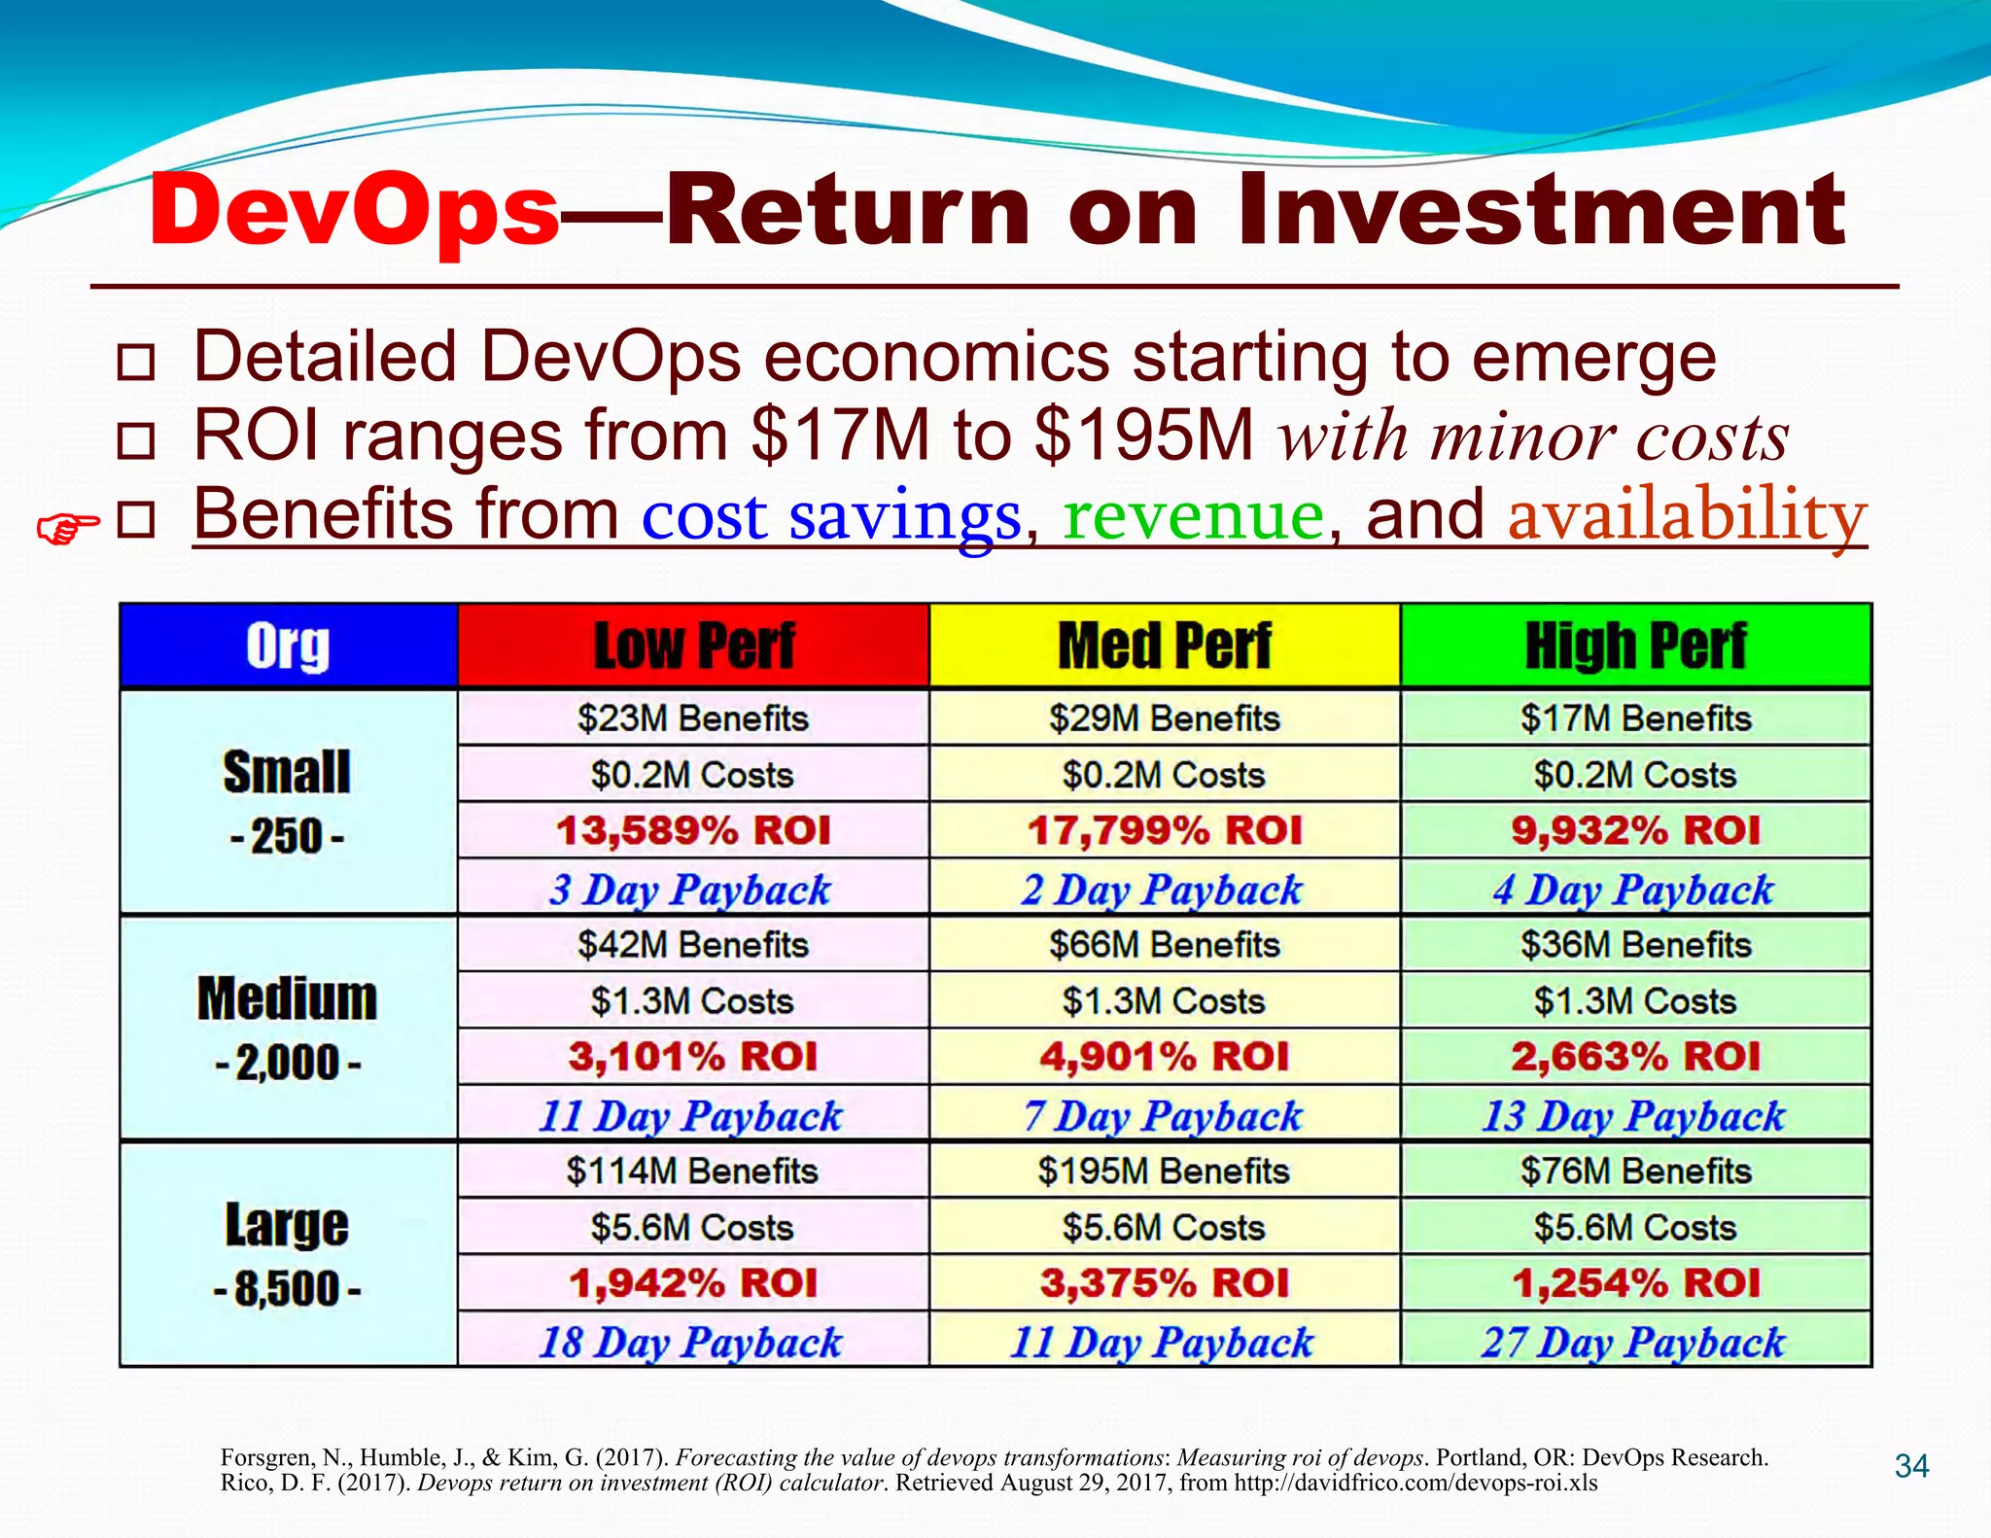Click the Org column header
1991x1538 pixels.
[x=288, y=647]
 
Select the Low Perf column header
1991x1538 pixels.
[x=693, y=647]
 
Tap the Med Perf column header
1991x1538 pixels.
[x=1165, y=647]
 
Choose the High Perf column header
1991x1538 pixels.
[x=1636, y=647]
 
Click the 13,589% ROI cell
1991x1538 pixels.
[x=693, y=831]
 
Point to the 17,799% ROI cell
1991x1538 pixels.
[x=1165, y=831]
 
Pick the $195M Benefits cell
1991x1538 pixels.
[x=1164, y=1171]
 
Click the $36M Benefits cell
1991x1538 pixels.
[x=1636, y=945]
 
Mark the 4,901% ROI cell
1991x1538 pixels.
[x=1165, y=1057]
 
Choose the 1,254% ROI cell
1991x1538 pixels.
[x=1636, y=1283]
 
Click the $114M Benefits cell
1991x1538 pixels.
[x=692, y=1171]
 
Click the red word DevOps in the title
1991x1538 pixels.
[x=355, y=210]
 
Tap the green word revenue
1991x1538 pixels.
[x=1194, y=514]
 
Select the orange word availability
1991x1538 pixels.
[x=1688, y=514]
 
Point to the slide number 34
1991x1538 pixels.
[x=1912, y=1466]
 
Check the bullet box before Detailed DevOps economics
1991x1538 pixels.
[x=135, y=362]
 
